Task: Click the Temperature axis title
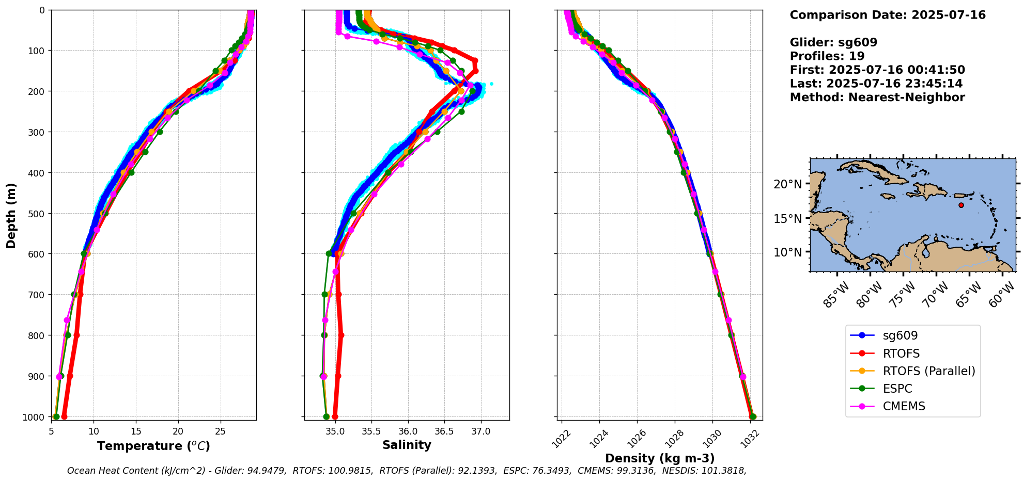(x=153, y=446)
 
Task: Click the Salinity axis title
(x=407, y=445)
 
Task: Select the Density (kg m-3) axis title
(x=660, y=458)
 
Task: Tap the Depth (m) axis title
(x=11, y=215)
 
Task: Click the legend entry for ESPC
(x=897, y=389)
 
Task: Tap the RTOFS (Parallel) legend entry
(x=928, y=371)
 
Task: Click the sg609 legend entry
(x=900, y=335)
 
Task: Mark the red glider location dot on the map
(x=961, y=205)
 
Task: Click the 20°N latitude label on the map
(x=788, y=184)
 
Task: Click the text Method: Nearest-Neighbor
(x=877, y=97)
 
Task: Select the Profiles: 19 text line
(x=827, y=56)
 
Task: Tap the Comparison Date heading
(x=887, y=15)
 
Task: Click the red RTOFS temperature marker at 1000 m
(x=64, y=416)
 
